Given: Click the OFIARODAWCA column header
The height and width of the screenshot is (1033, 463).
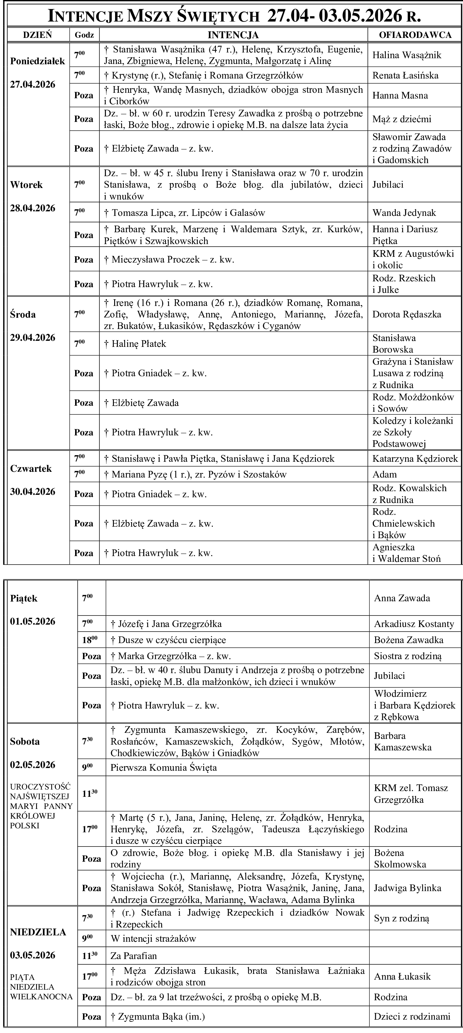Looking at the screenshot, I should click(415, 35).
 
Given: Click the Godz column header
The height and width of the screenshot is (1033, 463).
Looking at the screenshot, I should click(84, 35).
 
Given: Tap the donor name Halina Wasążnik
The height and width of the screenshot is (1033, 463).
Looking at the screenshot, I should click(407, 55).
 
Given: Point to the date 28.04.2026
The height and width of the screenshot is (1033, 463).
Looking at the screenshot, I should click(33, 209).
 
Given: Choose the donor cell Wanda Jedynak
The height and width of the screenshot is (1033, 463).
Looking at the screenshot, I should click(404, 213).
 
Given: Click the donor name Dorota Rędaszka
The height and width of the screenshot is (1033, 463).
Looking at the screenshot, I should click(407, 314).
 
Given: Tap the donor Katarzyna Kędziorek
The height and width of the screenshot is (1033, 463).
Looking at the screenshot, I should click(415, 458).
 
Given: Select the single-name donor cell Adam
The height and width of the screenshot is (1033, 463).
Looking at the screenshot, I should click(385, 475).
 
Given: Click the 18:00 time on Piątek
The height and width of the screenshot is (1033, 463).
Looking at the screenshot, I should click(87, 640).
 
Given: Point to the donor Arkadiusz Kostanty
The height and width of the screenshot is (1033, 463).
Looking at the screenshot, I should click(414, 624).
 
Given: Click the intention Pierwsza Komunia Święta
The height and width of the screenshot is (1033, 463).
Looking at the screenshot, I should click(164, 768).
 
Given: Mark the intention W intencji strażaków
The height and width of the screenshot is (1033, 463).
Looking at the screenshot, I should click(153, 939).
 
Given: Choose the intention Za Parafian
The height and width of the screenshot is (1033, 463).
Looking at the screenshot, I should click(133, 956).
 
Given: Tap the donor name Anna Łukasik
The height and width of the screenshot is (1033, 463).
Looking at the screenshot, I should click(402, 977).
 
